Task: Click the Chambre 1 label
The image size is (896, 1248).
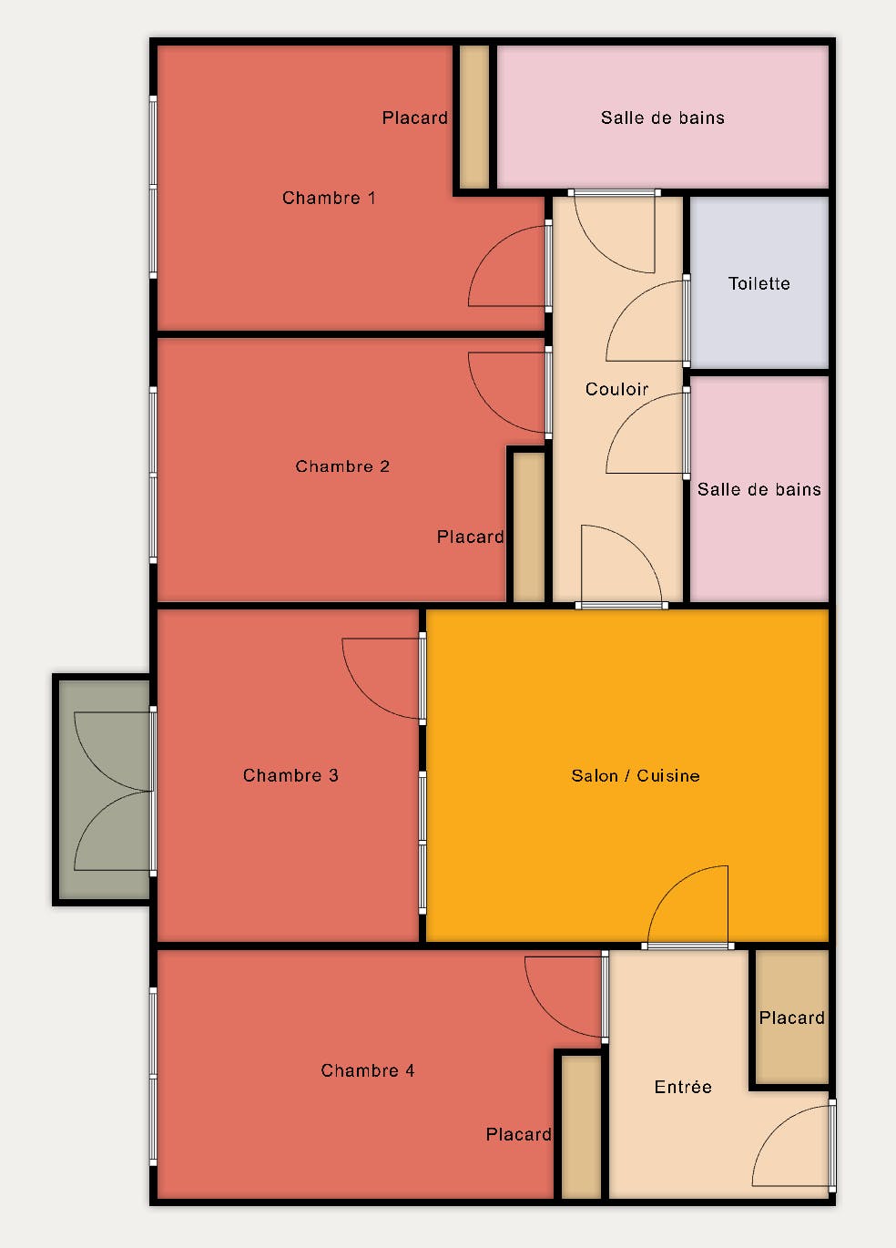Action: [329, 198]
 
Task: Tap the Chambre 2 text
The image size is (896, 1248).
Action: [341, 466]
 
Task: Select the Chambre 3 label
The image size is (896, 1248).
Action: [290, 775]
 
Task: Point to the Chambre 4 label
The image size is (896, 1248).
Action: [368, 1071]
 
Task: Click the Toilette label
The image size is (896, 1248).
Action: [759, 283]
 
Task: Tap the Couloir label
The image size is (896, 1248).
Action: [616, 389]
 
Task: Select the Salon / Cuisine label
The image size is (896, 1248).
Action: [636, 775]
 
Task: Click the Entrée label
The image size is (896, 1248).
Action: [683, 1087]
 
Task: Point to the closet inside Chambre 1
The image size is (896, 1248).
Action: [473, 117]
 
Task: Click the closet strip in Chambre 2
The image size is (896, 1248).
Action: [528, 527]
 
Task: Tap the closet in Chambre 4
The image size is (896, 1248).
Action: [581, 1127]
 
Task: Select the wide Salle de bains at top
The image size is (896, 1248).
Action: [663, 117]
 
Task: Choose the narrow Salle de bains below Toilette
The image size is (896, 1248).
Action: [759, 489]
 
